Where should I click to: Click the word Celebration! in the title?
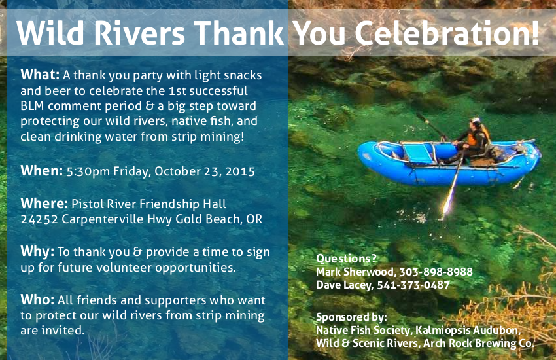tap(446, 33)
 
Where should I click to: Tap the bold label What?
tap(40, 75)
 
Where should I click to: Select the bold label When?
tap(41, 171)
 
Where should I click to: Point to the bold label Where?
tap(44, 203)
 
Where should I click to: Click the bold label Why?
tap(37, 252)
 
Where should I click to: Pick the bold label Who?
tap(37, 300)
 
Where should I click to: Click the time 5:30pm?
tap(88, 171)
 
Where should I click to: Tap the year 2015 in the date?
tap(240, 171)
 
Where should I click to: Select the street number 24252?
tap(39, 219)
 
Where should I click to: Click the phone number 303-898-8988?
tap(436, 272)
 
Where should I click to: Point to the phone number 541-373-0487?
tap(413, 285)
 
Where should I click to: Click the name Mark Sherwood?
tap(355, 272)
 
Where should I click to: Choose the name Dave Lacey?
tap(344, 285)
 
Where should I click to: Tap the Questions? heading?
tap(346, 258)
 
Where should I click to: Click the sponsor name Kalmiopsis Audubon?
tap(468, 330)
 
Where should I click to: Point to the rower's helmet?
tap(475, 120)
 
